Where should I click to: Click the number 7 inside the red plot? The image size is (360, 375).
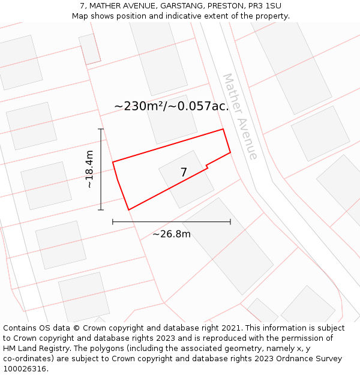184,173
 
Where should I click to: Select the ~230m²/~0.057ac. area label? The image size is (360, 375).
172,106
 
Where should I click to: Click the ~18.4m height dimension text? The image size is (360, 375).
89,169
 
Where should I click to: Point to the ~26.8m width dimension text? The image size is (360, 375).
171,234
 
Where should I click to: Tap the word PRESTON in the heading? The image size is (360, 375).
226,6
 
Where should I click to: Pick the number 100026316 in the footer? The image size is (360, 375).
26,368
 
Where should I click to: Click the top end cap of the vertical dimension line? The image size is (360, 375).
101,129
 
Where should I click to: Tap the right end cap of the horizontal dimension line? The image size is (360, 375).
230,222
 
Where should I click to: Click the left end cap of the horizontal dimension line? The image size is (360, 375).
113,222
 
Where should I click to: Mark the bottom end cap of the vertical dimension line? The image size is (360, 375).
101,209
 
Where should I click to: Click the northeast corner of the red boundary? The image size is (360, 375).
223,129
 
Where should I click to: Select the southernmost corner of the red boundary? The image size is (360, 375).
128,209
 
